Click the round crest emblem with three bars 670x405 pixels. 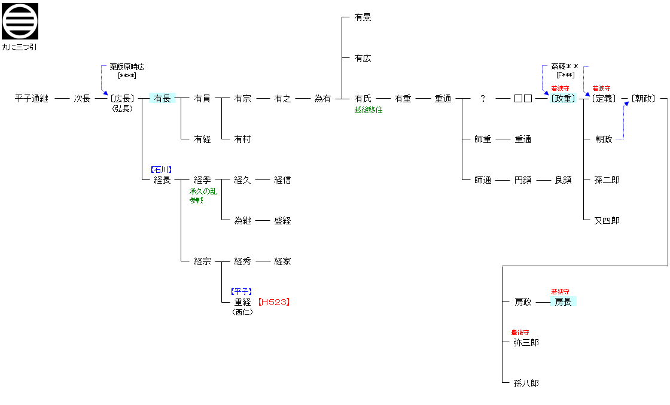point(20,21)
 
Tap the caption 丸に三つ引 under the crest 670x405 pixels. point(20,47)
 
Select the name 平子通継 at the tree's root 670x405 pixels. point(32,99)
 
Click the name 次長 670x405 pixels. point(82,99)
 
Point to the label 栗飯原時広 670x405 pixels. point(127,67)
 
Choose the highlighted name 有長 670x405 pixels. point(162,99)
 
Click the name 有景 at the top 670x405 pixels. point(363,17)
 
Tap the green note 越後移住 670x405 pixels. point(368,110)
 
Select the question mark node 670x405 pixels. point(483,99)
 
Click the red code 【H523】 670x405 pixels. point(274,302)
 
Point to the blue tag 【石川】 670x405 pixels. point(162,170)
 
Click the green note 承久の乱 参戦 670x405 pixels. point(203,196)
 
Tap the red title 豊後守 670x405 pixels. point(520,333)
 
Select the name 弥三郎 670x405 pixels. point(526,343)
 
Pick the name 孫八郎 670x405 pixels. point(526,383)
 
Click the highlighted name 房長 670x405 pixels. point(563,302)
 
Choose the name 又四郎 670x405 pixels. point(607,221)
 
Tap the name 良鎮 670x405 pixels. point(563,180)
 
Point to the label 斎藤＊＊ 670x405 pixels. point(565,67)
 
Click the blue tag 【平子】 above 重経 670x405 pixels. point(242,292)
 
